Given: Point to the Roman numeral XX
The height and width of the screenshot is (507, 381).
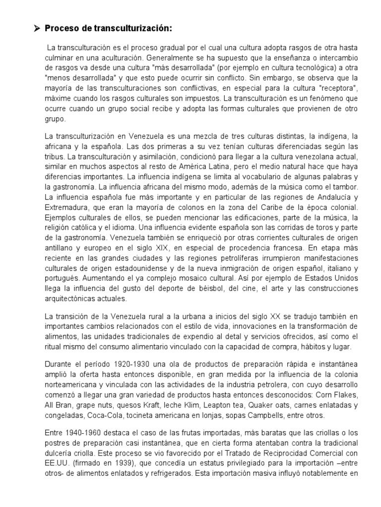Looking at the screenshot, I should (276, 316).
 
